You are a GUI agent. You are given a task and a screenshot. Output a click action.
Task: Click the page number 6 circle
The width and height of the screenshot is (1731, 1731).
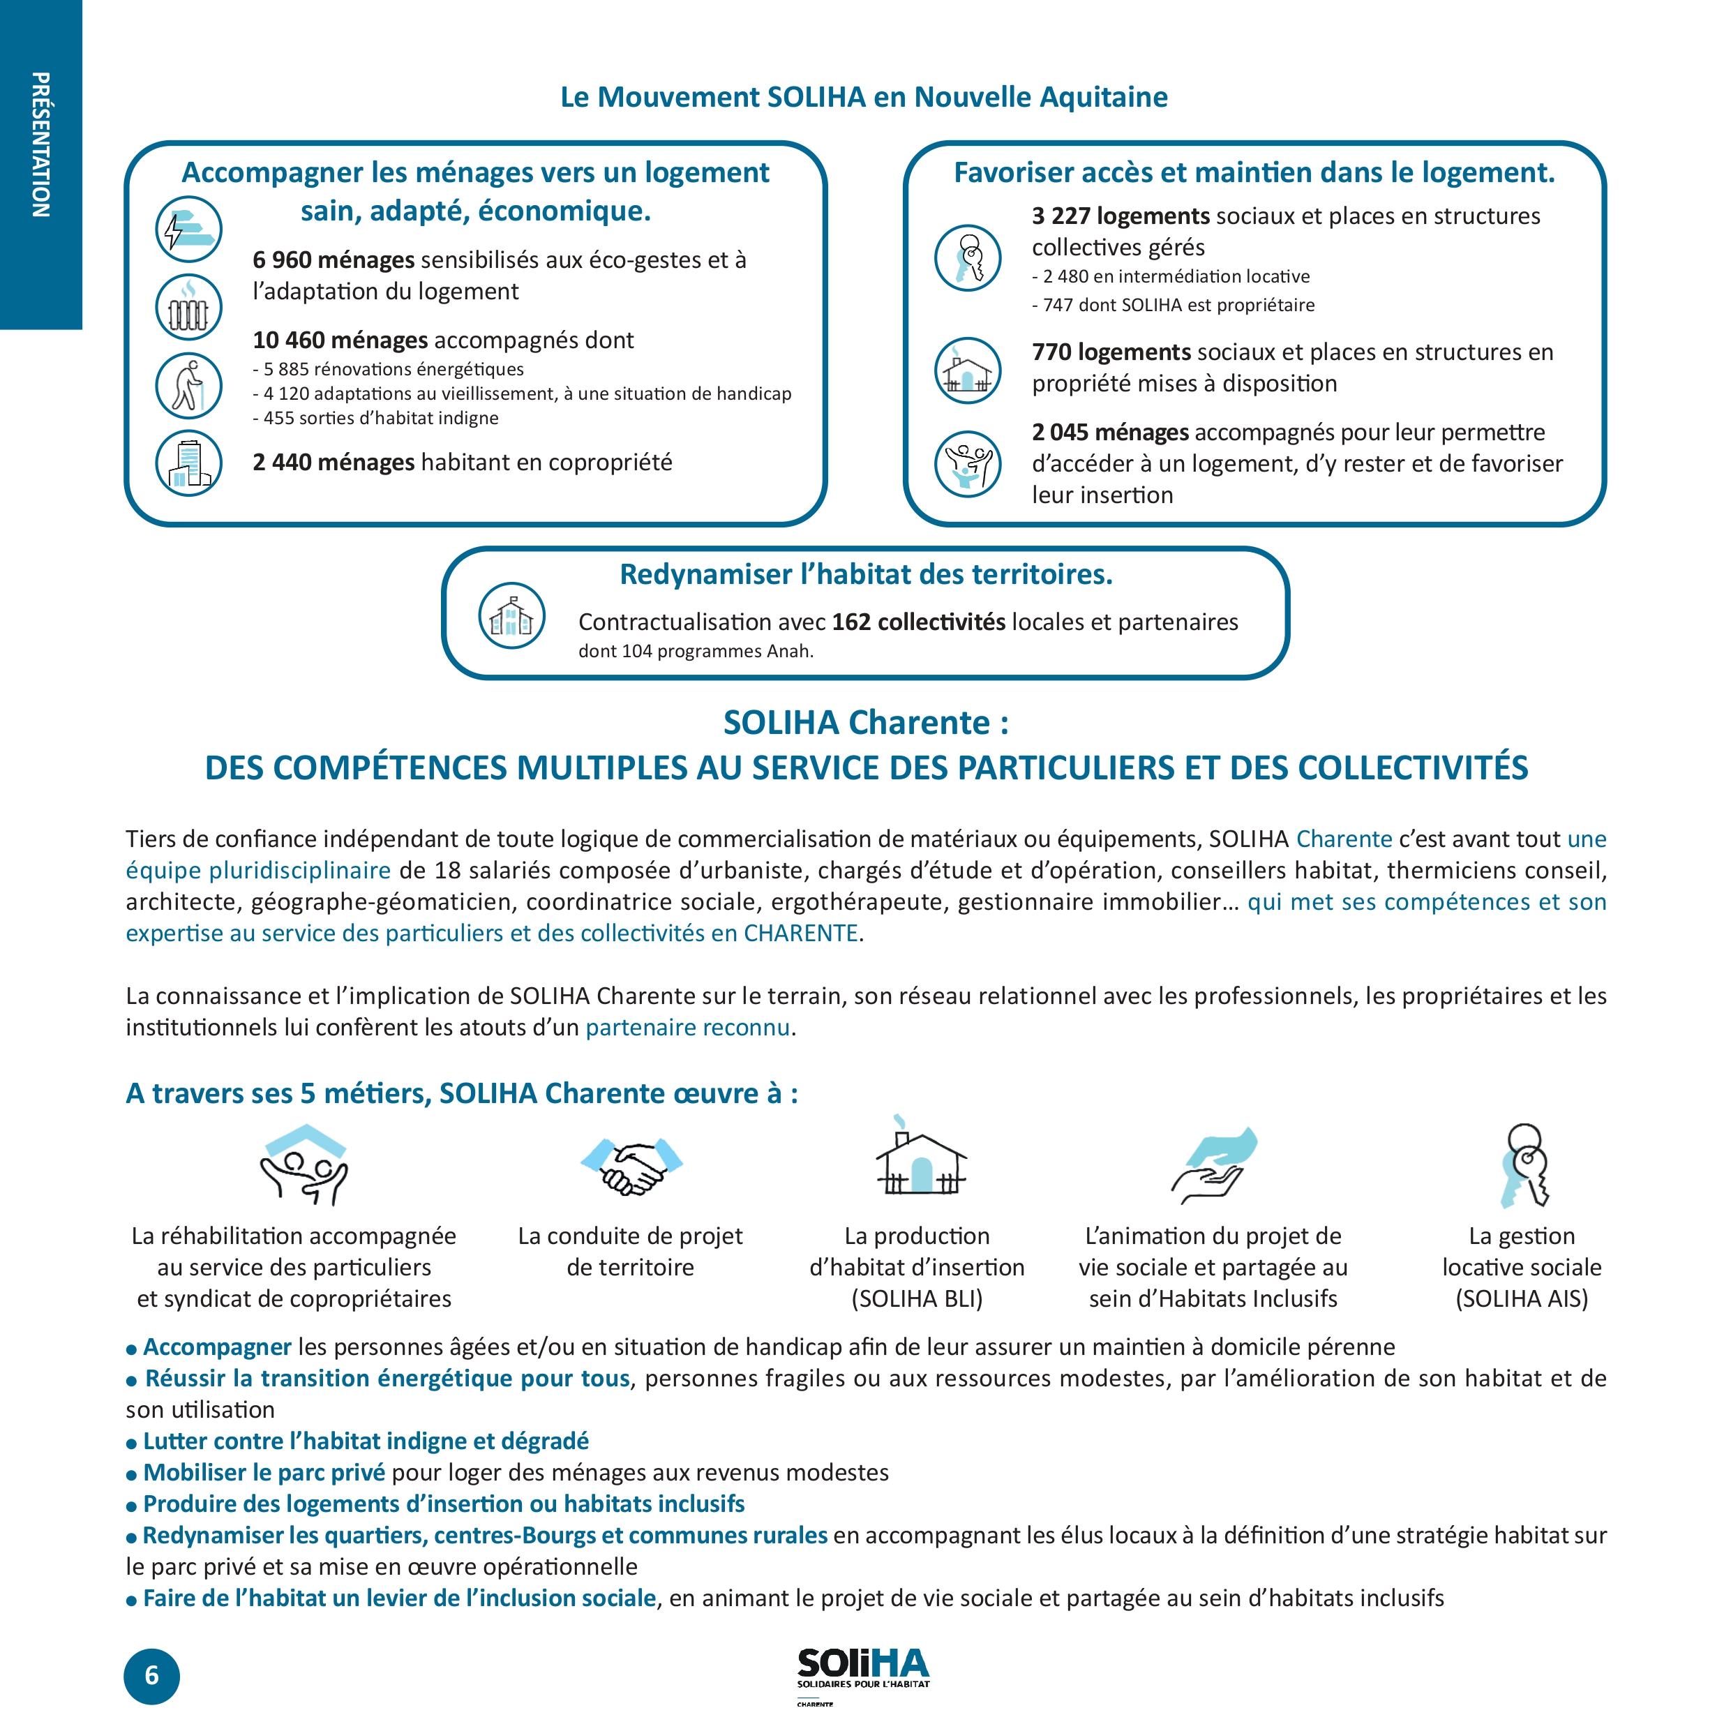pos(151,1675)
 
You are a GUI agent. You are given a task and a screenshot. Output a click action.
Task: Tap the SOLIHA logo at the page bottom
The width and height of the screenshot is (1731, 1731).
pos(863,1669)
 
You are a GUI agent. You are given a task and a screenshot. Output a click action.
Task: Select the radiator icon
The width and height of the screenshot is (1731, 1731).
pos(188,307)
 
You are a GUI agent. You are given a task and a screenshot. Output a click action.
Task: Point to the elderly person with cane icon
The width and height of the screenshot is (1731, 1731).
pos(188,386)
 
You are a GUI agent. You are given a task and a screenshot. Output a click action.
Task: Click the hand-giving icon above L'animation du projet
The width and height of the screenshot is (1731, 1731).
pos(1214,1164)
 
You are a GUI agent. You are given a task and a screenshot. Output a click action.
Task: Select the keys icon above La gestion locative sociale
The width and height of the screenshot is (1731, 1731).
pos(1524,1164)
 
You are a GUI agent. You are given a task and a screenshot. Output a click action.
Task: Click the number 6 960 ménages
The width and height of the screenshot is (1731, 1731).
pos(334,260)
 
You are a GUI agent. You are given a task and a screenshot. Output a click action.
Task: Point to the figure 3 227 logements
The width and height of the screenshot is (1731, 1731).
pos(1120,216)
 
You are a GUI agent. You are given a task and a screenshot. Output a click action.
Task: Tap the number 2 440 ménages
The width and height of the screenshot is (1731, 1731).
pos(334,463)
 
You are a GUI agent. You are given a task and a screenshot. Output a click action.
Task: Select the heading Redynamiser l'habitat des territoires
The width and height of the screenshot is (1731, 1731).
pos(865,574)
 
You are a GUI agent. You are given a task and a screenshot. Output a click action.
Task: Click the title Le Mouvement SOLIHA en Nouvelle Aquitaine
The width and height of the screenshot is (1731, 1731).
pos(864,97)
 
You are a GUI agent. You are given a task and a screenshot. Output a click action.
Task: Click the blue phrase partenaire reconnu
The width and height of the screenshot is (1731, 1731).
pos(687,1027)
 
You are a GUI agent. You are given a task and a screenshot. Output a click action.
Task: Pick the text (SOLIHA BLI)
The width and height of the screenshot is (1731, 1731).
pos(917,1298)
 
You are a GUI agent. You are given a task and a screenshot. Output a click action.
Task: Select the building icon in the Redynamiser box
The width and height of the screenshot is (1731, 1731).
pos(511,615)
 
